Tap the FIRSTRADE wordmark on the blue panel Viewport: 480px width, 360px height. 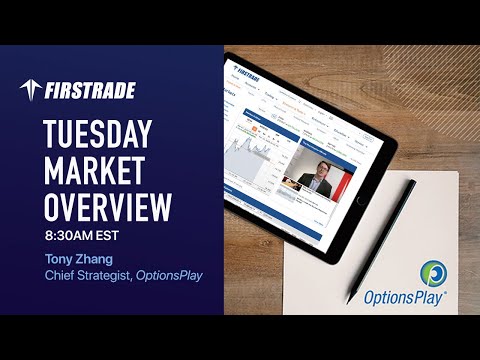pos(90,91)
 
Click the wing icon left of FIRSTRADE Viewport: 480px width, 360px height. pos(31,90)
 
